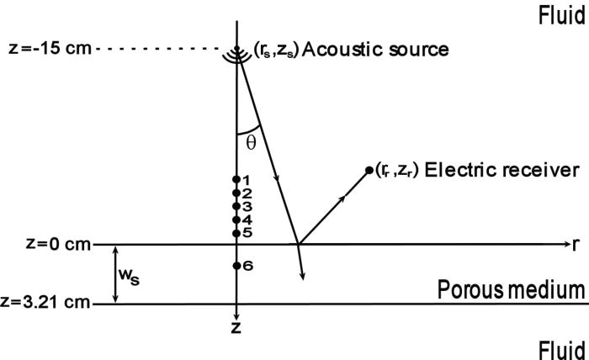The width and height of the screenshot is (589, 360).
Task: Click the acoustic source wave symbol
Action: click(237, 49)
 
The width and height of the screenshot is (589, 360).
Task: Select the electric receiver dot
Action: click(369, 171)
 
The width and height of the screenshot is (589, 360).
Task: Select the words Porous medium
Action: click(511, 290)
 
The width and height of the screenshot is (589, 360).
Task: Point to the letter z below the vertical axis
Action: click(236, 328)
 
